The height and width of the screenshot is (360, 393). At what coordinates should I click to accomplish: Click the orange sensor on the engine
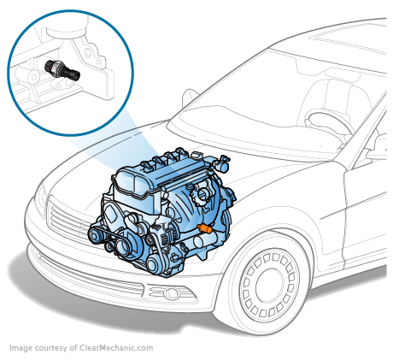click(204, 228)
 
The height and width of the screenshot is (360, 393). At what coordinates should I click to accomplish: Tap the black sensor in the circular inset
click(62, 69)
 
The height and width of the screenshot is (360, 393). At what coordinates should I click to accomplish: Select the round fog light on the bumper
click(170, 293)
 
